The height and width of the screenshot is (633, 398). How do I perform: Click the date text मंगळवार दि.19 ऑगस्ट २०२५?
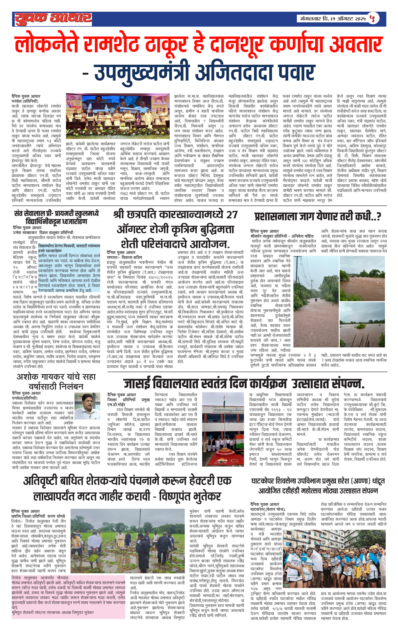pos(333,19)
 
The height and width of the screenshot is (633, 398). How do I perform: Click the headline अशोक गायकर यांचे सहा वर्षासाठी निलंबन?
pos(56,381)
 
